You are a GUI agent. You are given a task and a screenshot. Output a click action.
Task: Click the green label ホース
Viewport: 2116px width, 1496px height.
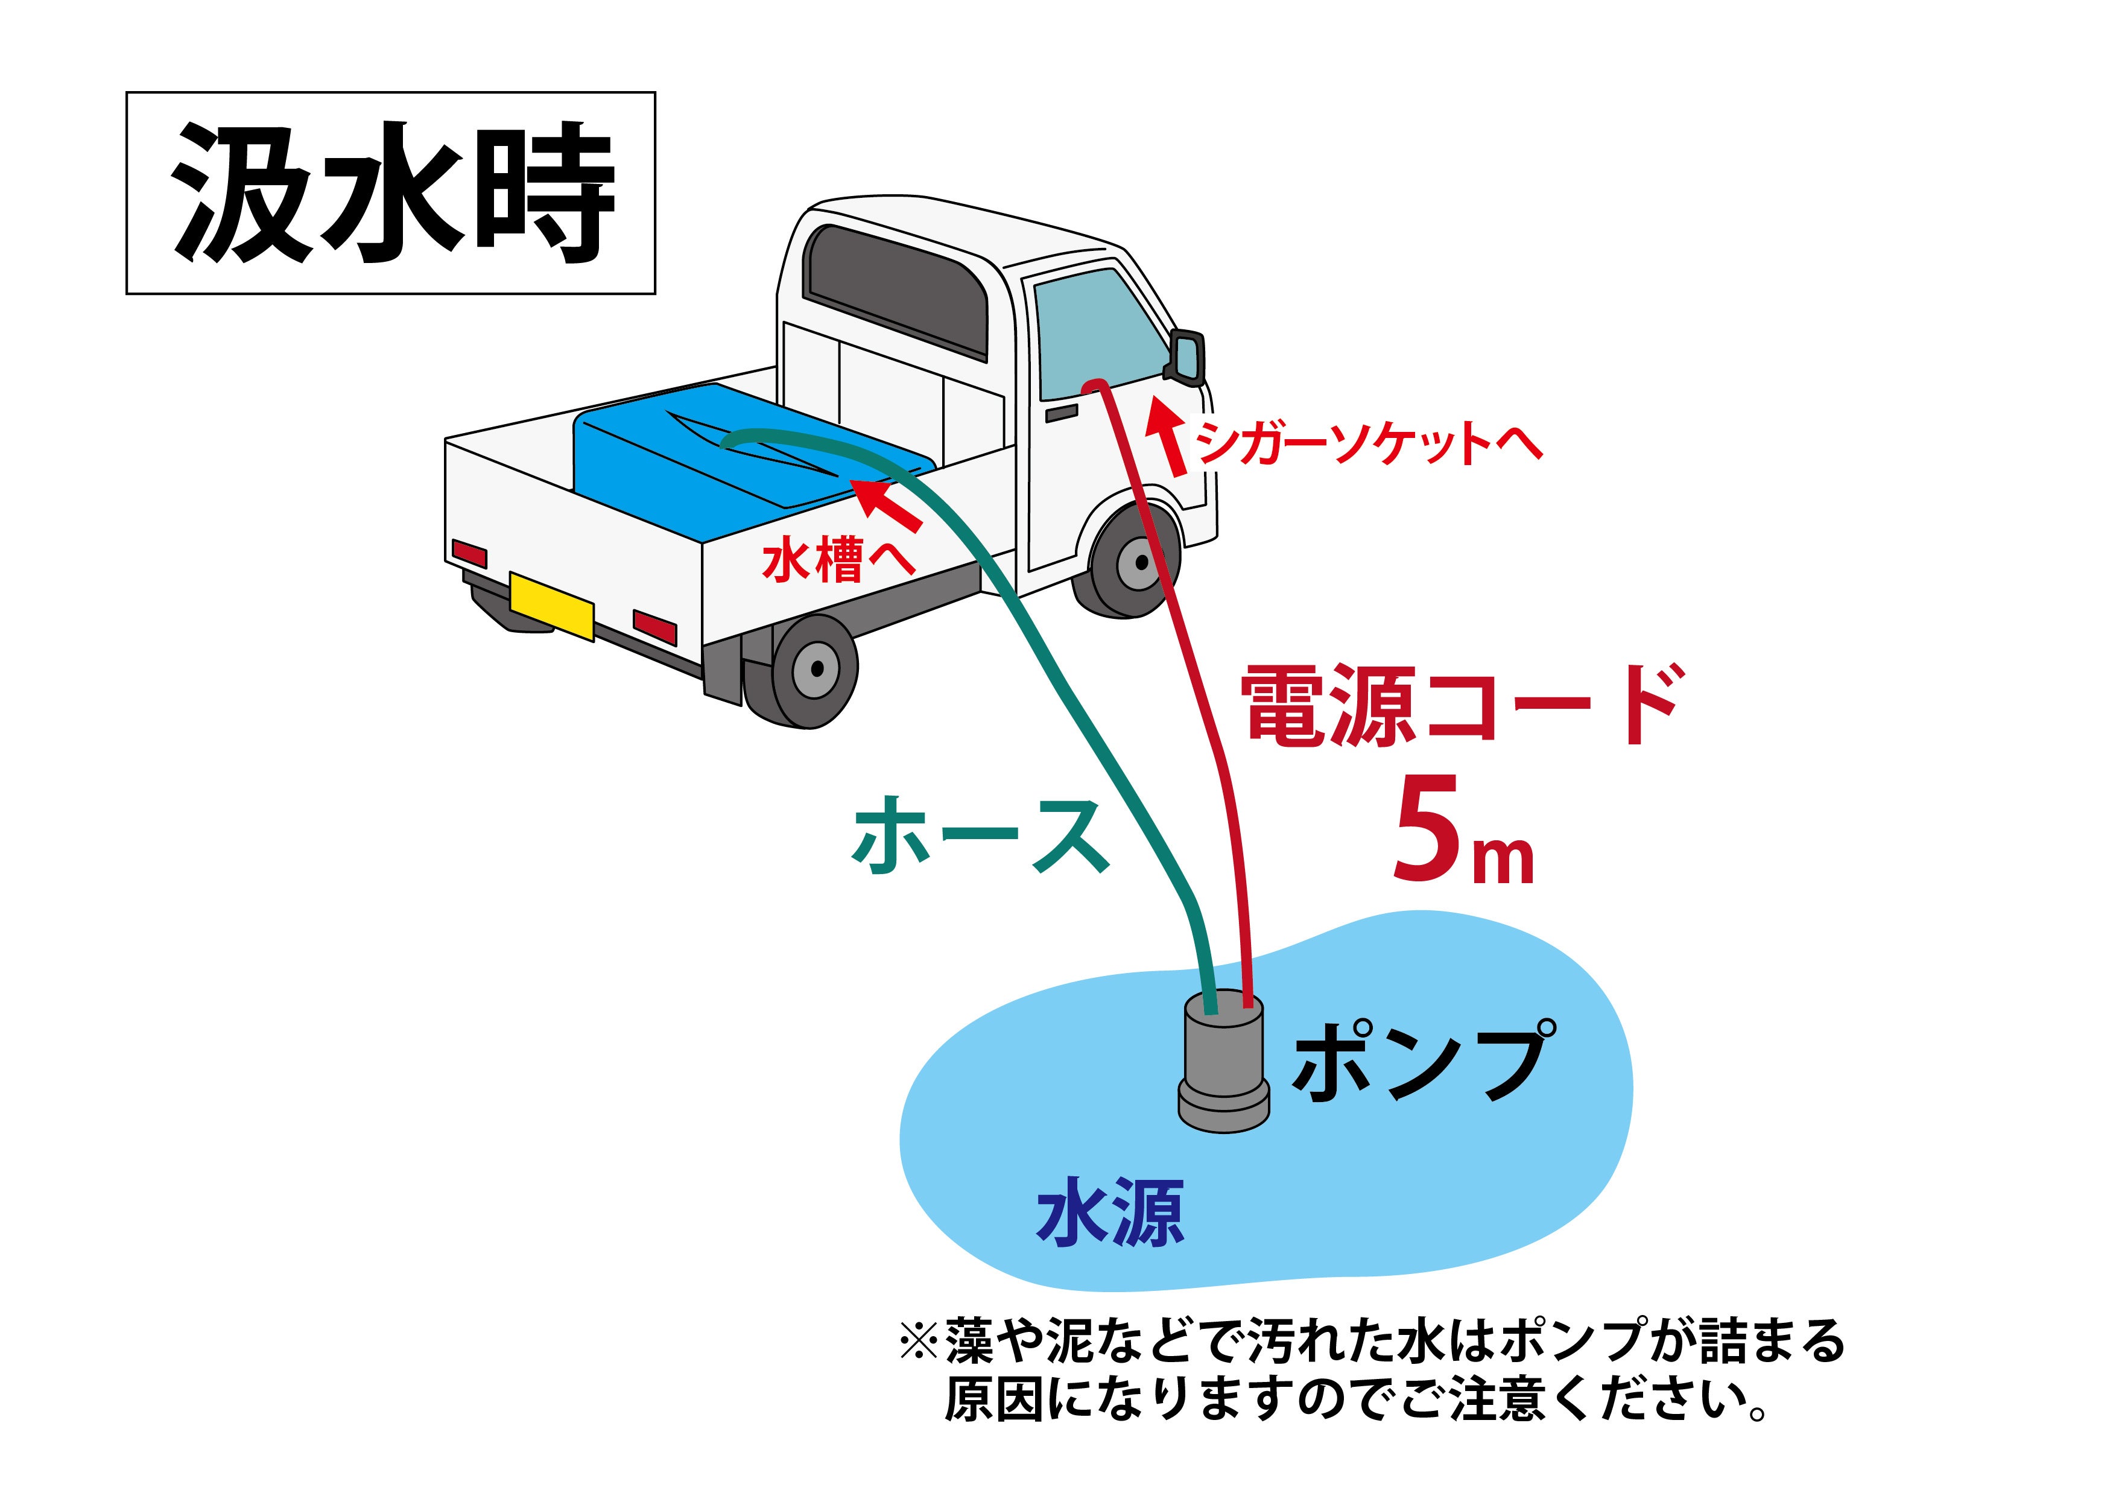coord(981,834)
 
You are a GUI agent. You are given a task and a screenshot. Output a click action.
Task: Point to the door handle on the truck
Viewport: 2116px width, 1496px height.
coord(1062,413)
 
